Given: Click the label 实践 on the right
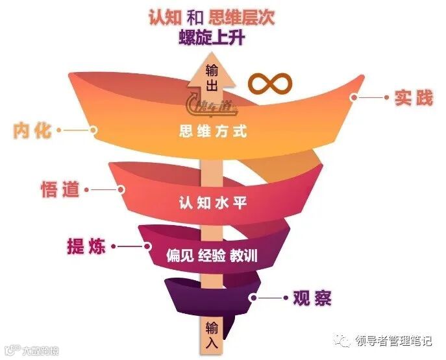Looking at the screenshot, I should coord(413,98).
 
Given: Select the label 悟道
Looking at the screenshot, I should coord(60,189).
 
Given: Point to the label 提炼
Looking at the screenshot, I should coord(88,246).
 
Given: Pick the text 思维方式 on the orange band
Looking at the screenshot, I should coord(214,132).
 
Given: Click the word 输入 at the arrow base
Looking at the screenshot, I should coord(212,335).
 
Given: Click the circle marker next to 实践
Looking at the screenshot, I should coord(354,98).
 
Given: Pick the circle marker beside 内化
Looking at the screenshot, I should coord(93,130).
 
